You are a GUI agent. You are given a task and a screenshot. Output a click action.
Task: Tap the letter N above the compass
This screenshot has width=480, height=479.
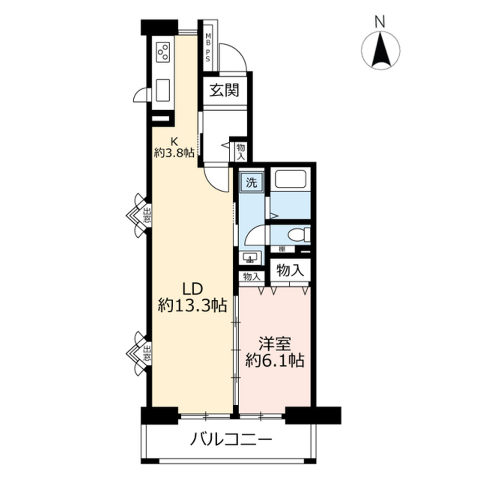coord(380,22)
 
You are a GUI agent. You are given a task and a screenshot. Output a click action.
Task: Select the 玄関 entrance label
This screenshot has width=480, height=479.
coord(224,90)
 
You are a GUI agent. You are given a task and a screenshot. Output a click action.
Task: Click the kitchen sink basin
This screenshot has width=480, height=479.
coord(163,90)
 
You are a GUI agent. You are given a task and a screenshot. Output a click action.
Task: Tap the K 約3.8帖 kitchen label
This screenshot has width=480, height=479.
coord(174,148)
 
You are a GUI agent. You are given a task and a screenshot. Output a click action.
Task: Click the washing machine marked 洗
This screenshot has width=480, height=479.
coord(252,182)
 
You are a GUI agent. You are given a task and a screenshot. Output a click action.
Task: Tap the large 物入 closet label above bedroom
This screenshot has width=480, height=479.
coord(290,271)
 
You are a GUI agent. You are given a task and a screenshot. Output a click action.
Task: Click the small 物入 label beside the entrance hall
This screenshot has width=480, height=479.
coord(241,152)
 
